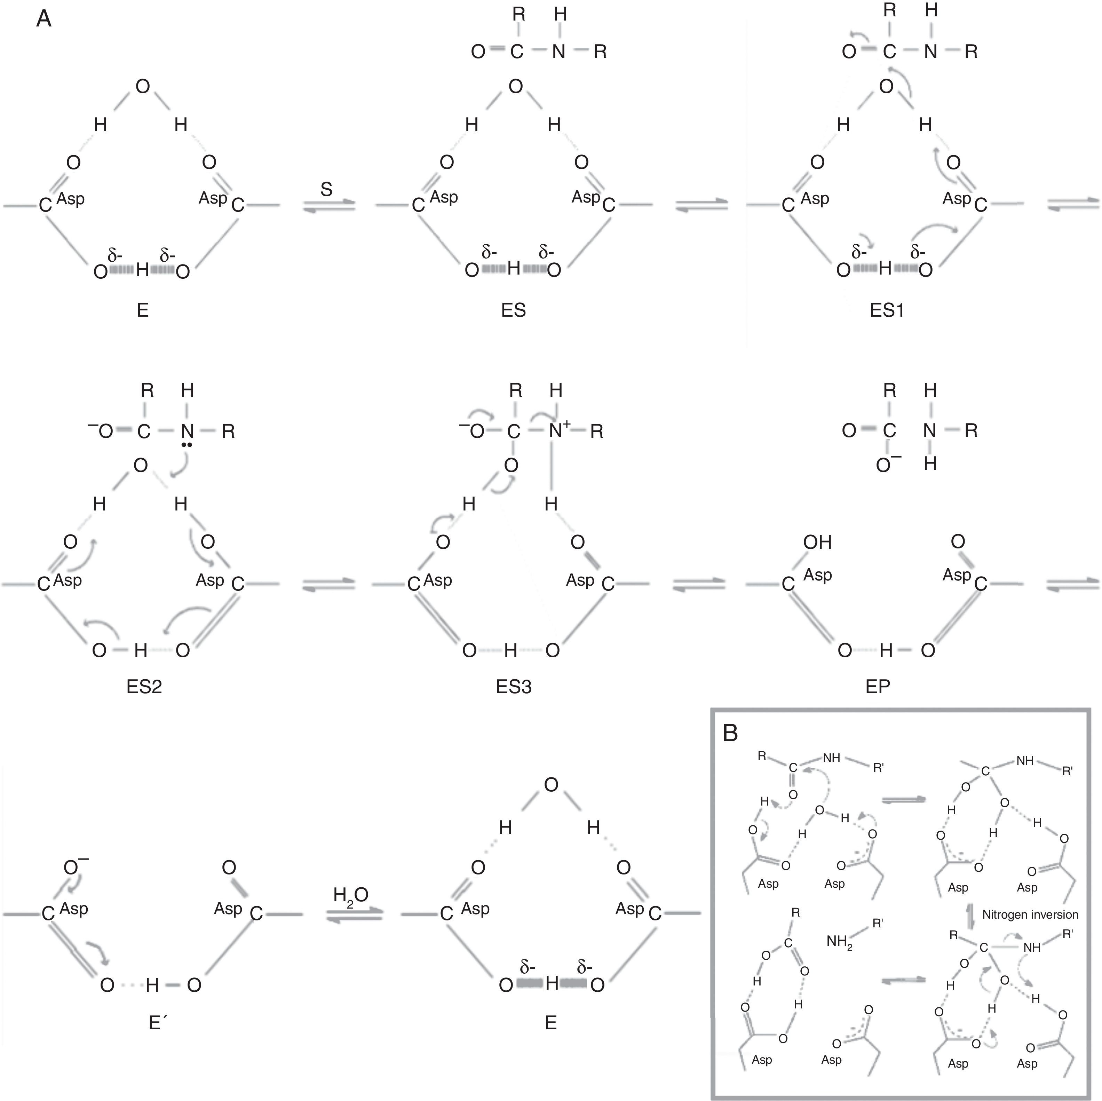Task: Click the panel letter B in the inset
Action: [x=731, y=733]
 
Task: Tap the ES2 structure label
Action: [x=144, y=686]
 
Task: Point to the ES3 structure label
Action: [x=513, y=686]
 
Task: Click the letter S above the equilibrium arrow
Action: [x=326, y=189]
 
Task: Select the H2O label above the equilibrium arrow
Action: [x=351, y=895]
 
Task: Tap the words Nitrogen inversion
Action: [x=1030, y=914]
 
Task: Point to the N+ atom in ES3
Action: [x=557, y=431]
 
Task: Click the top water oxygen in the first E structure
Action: [x=143, y=87]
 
